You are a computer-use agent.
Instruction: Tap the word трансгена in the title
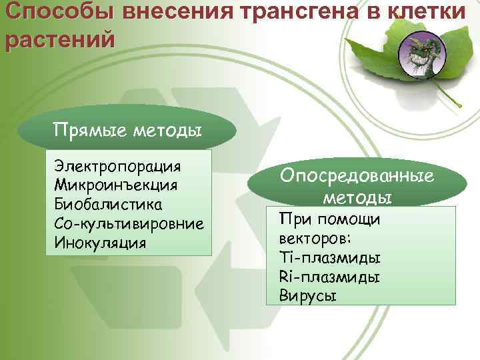(x=295, y=12)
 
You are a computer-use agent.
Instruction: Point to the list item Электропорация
(x=119, y=165)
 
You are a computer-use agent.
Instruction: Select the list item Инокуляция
(x=100, y=241)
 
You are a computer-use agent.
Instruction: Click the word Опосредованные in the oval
(x=357, y=175)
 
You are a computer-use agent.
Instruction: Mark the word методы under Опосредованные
(x=357, y=197)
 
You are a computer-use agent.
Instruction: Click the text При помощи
(x=329, y=219)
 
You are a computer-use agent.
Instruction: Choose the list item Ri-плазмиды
(x=329, y=277)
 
